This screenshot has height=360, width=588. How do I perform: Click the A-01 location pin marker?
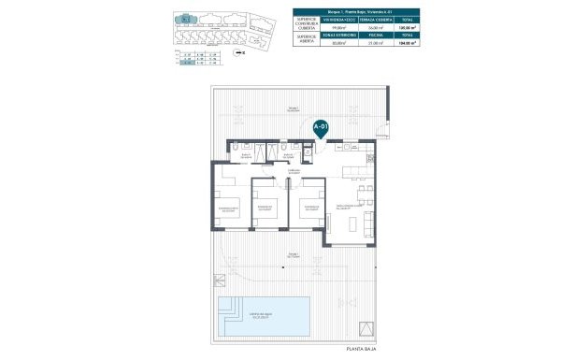point(321,128)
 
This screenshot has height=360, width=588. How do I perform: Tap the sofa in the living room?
point(371,223)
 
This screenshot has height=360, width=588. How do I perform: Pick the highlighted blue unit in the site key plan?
point(185,18)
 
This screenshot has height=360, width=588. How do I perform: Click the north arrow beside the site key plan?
point(240,54)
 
